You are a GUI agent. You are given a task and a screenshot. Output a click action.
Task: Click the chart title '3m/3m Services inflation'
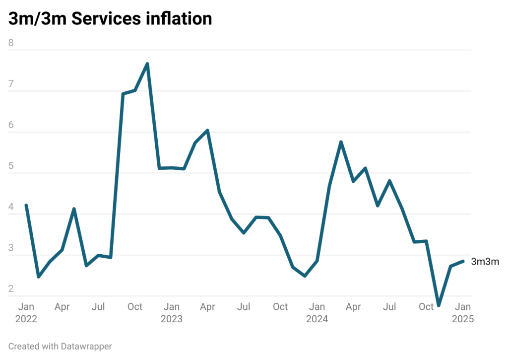110,18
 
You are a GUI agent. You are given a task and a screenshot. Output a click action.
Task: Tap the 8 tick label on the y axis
11,43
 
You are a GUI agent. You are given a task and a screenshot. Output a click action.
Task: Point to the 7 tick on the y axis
11,84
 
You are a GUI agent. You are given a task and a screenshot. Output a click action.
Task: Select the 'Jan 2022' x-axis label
26,313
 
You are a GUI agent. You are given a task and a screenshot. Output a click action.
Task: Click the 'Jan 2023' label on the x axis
172,313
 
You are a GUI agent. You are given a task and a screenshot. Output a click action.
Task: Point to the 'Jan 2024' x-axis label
317,313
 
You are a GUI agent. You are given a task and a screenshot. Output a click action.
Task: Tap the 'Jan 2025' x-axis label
463,313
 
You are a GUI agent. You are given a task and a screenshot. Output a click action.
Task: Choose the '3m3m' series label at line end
485,262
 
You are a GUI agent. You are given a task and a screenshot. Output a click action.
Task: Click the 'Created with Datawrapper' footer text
60,346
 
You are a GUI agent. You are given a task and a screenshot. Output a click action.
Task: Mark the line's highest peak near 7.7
147,63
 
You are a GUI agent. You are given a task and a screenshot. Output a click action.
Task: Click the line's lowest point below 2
439,306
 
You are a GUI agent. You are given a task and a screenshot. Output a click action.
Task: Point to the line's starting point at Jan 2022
26,205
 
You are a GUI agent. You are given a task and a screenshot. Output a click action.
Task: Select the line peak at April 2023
207,130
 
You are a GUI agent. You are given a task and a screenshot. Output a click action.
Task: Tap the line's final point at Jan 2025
463,261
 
